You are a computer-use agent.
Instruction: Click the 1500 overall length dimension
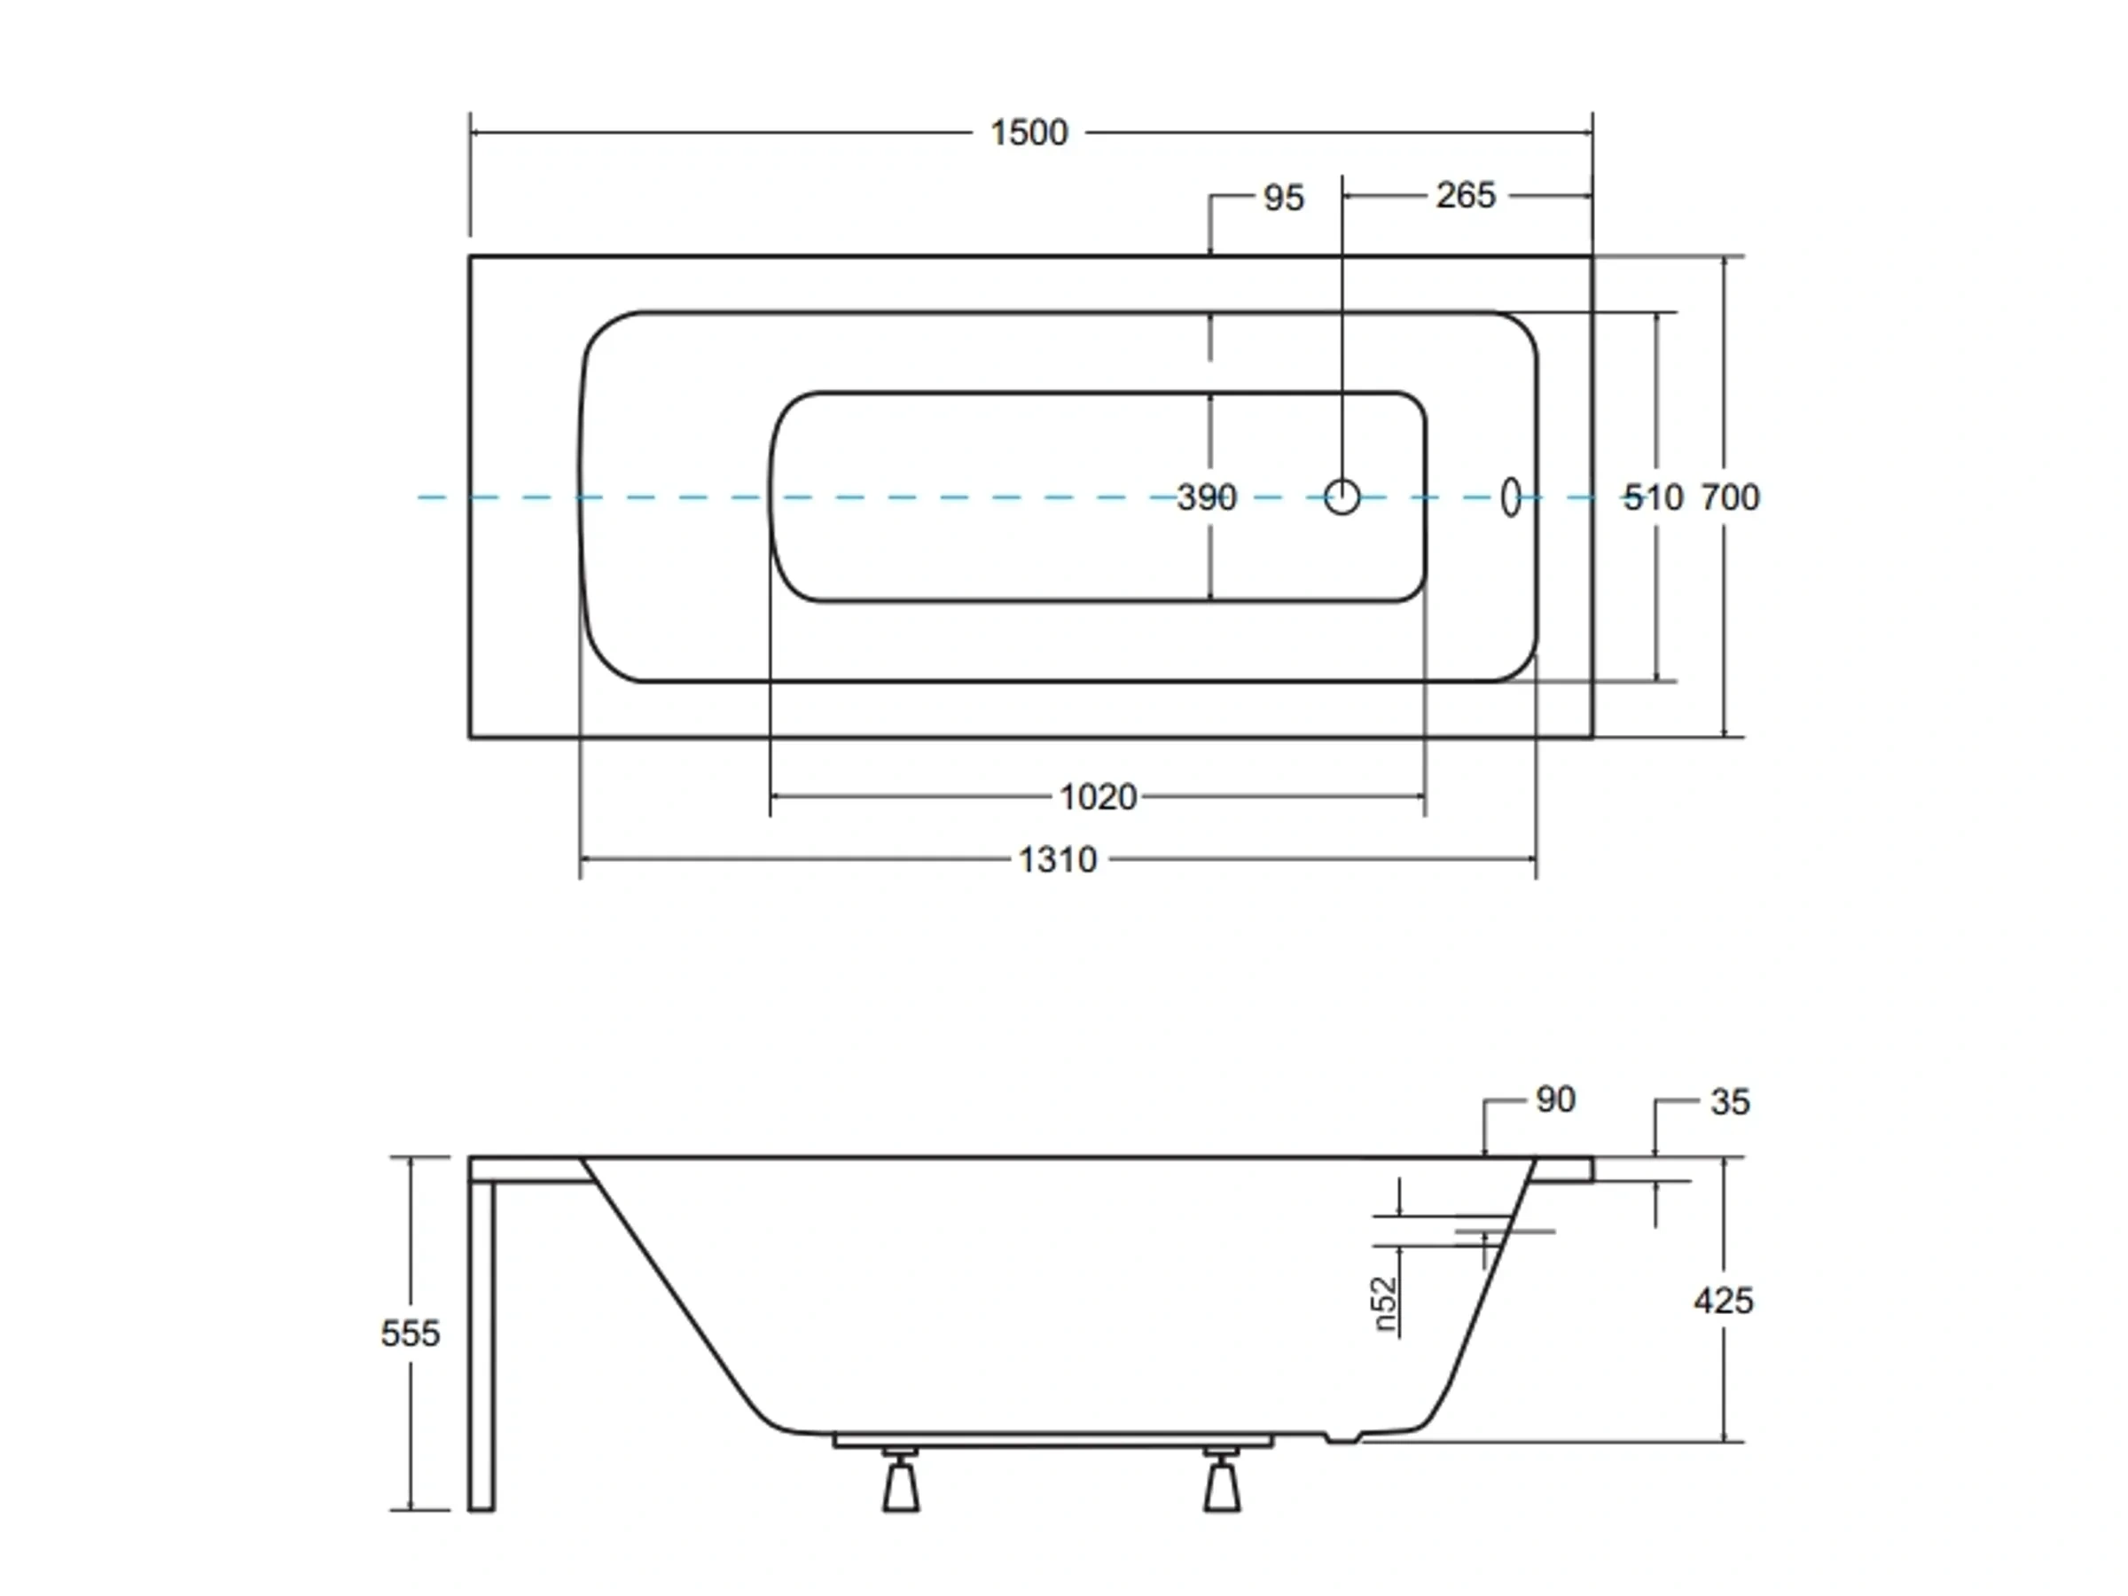pos(1029,133)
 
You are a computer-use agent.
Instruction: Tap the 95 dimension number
pos(1283,199)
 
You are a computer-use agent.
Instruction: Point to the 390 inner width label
pos(1207,497)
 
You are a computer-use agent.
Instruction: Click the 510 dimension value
pos(1654,497)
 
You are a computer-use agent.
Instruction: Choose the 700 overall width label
pos(1730,497)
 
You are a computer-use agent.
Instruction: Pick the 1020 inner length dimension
pos(1098,796)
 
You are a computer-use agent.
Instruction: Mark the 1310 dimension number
pos(1057,859)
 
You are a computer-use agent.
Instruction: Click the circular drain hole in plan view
pos(1342,497)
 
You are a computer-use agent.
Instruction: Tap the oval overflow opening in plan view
pos(1510,497)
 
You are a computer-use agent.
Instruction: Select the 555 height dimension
pos(410,1334)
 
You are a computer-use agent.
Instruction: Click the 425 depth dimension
pos(1723,1301)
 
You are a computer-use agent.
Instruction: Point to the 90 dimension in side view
pos(1555,1099)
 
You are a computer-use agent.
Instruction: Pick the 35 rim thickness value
pos(1730,1102)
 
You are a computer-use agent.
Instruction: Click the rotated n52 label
pos(1385,1305)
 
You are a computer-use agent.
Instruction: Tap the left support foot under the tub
pos(901,1485)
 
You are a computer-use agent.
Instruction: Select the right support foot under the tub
pos(1222,1485)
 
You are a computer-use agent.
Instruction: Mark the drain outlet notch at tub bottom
pos(1343,1465)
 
